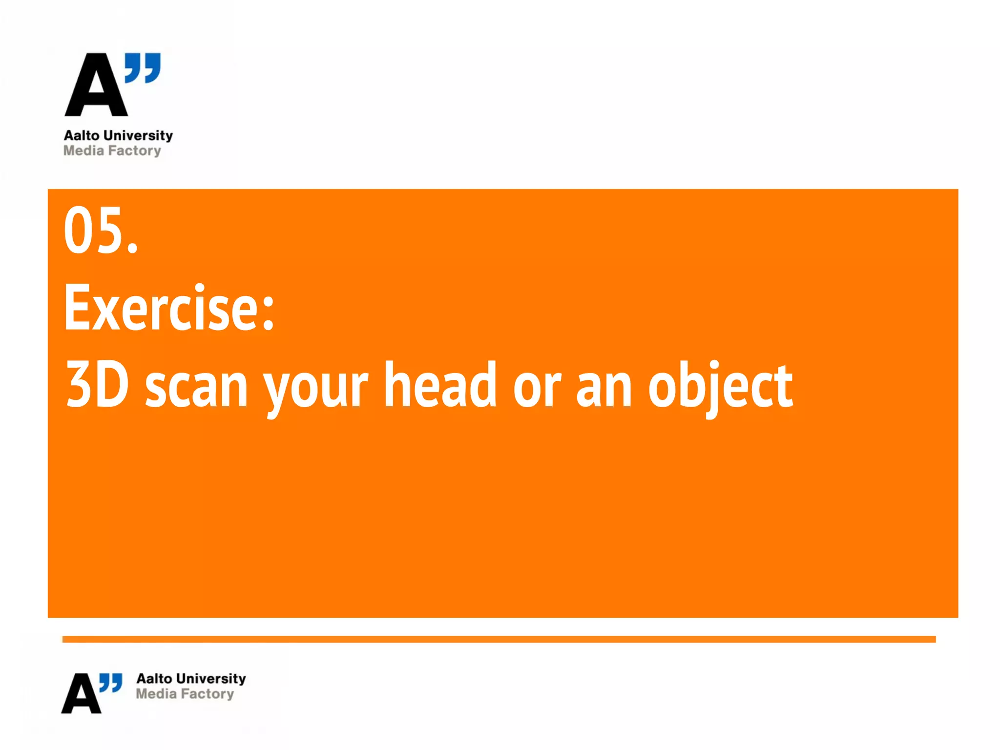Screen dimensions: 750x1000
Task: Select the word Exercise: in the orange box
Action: pos(169,308)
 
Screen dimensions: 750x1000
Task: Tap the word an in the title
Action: pos(604,389)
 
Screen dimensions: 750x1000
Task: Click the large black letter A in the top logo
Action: pos(96,88)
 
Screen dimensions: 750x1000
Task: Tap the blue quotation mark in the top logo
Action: pos(143,68)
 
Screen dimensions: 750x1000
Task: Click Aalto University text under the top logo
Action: pos(118,135)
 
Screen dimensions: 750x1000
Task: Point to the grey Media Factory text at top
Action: pos(112,150)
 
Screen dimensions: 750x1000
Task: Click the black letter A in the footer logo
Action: pos(81,694)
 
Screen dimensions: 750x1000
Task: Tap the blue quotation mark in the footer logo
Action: pos(111,683)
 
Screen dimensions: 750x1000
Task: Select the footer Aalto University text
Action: pos(191,678)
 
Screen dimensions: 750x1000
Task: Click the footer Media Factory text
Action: pos(185,693)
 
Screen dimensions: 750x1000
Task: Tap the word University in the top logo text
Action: pos(138,135)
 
